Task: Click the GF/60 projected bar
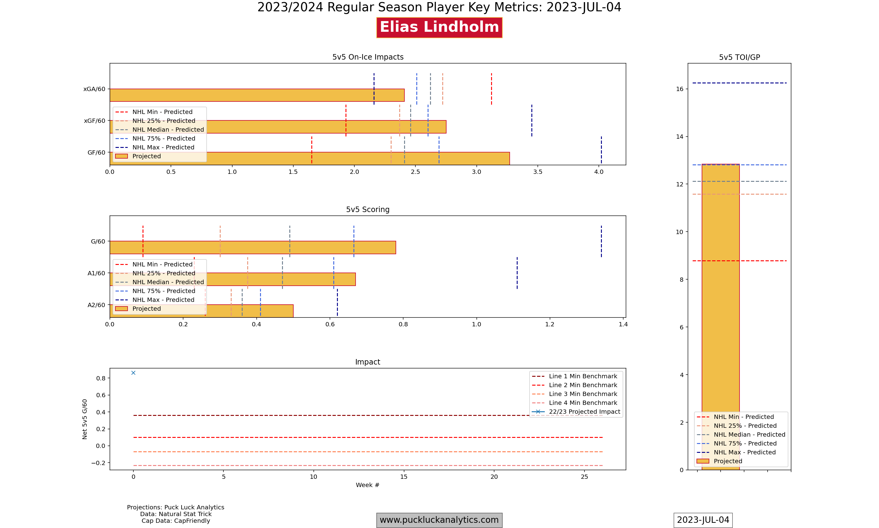tap(355, 159)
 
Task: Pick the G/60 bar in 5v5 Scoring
tap(252, 247)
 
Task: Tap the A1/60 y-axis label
tap(96, 273)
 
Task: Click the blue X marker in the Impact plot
tap(133, 373)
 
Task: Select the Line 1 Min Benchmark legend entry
tap(583, 376)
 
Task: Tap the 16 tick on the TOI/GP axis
tap(679, 89)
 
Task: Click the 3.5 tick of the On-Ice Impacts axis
tap(537, 172)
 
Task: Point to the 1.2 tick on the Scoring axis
tap(550, 324)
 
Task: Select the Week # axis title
tap(367, 485)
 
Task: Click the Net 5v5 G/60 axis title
tap(85, 419)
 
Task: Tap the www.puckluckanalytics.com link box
tap(439, 520)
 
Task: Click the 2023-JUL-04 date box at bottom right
tap(703, 520)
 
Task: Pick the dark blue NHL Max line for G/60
tap(601, 241)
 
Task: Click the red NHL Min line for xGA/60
tap(491, 89)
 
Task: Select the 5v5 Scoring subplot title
tap(367, 210)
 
